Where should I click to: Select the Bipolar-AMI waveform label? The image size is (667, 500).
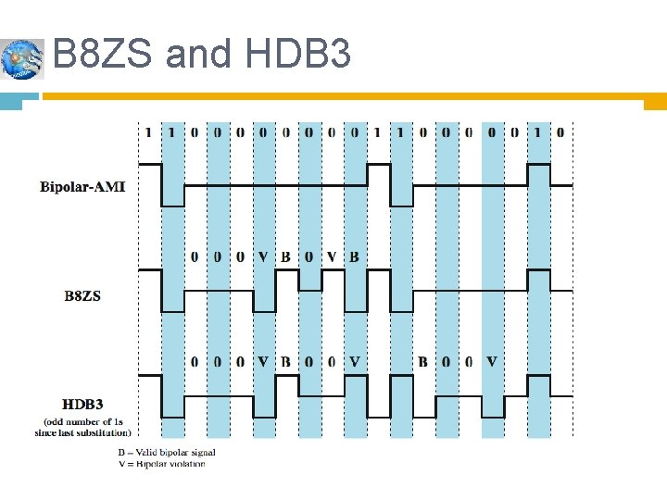click(82, 187)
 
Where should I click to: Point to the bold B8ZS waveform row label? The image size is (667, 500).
click(82, 296)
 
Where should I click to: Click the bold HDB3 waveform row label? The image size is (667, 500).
click(82, 405)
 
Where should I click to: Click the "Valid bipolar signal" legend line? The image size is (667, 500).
click(166, 452)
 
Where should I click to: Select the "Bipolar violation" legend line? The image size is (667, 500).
click(161, 463)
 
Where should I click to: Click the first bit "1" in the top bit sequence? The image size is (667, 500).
click(148, 132)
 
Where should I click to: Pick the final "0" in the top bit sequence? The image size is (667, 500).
click(560, 132)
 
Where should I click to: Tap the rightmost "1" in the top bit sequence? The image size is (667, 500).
click(537, 132)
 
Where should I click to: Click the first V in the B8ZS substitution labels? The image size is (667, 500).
click(263, 256)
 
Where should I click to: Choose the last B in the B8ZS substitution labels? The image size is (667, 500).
click(354, 256)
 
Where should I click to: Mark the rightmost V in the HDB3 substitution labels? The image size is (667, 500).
click(491, 361)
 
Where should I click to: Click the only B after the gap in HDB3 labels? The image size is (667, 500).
click(422, 361)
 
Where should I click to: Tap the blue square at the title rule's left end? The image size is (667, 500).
click(11, 100)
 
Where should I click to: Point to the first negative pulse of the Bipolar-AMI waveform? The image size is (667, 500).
click(172, 196)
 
